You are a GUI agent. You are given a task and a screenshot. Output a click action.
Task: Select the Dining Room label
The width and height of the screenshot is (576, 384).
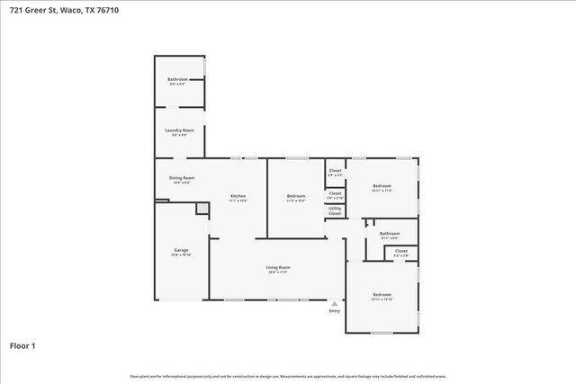point(182,178)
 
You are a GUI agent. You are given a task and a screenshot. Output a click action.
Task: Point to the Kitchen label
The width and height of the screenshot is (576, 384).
point(238,196)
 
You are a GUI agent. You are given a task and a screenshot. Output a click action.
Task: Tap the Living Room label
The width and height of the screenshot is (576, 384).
point(277,267)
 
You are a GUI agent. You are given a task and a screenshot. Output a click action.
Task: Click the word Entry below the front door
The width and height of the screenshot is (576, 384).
point(335,311)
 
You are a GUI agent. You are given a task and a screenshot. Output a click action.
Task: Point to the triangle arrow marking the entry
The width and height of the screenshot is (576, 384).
point(335,303)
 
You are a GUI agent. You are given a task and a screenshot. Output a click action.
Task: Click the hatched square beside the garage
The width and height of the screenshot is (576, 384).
point(202,209)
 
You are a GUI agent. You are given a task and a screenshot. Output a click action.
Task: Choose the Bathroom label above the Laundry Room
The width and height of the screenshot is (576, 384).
point(177,79)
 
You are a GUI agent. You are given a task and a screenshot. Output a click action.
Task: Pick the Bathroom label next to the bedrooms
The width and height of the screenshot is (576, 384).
point(390,233)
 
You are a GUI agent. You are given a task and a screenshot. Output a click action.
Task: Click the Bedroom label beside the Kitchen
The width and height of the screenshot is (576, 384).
point(296,196)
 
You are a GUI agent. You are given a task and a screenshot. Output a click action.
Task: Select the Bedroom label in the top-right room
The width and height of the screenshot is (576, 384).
point(382,186)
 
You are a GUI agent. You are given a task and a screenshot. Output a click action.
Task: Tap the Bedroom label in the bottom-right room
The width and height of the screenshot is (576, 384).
point(382,294)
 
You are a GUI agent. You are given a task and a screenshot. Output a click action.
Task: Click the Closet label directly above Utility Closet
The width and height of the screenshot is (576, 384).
point(335,192)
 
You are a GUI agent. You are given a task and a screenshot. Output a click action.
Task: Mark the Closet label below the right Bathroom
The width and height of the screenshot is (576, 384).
point(401,251)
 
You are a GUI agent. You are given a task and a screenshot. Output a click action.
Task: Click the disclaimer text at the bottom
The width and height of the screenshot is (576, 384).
point(288,376)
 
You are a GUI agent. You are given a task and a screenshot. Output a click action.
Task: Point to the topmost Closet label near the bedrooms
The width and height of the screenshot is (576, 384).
point(335,170)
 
